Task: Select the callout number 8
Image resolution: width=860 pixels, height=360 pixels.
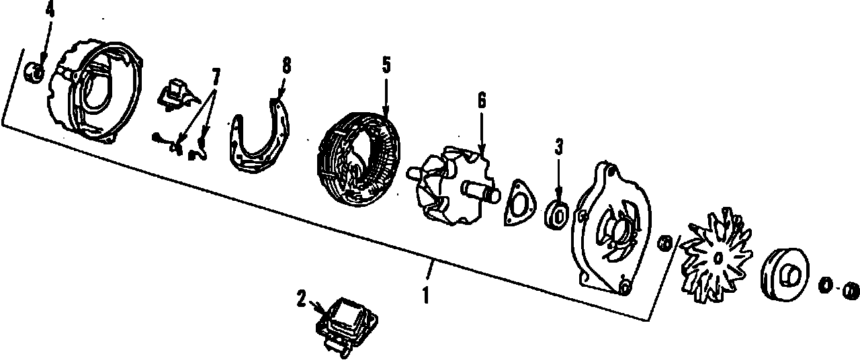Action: (x=286, y=65)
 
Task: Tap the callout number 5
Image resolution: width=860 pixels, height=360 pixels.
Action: (x=386, y=64)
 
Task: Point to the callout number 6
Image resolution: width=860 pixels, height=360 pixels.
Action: (x=481, y=100)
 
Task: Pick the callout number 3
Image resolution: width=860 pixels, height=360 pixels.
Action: (x=559, y=147)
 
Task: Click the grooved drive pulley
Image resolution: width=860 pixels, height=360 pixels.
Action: (x=784, y=275)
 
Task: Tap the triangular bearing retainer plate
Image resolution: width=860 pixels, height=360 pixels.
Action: (x=519, y=201)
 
